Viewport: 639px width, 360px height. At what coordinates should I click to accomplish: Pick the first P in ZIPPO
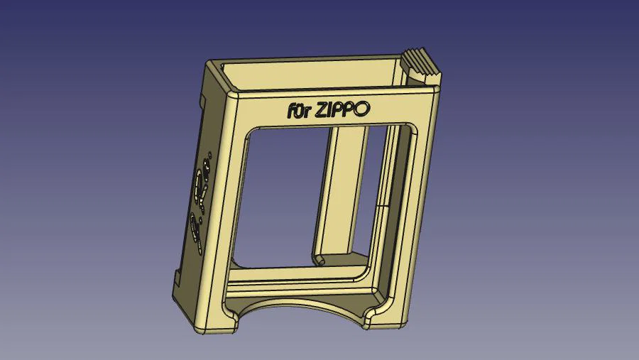[341, 109]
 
